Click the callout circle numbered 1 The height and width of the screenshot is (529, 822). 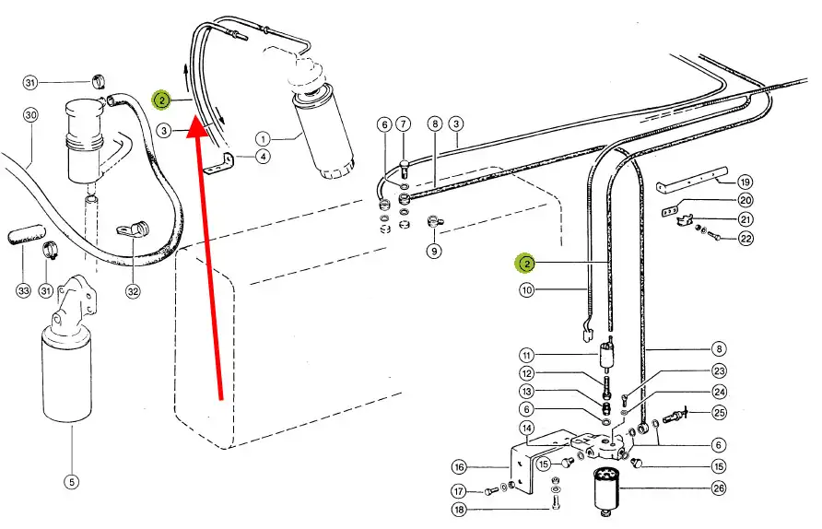point(264,139)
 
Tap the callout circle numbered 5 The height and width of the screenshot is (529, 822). point(71,481)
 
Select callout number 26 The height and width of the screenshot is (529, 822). point(719,488)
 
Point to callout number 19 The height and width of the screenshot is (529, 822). point(745,182)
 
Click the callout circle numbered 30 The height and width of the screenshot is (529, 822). point(31,115)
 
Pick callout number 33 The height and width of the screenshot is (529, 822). point(23,290)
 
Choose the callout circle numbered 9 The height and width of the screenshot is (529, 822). point(434,251)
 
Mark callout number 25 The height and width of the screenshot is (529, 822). point(720,413)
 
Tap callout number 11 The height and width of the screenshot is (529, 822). point(527,356)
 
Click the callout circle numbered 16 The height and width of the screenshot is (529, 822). point(459,466)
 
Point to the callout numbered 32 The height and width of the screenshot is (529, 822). point(133,291)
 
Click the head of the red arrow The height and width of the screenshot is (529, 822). point(197,122)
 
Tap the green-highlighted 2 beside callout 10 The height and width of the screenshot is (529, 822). point(526,264)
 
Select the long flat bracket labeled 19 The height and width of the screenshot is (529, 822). point(693,179)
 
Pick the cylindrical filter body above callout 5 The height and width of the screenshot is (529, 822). point(66,373)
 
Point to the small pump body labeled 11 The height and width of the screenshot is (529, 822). point(607,356)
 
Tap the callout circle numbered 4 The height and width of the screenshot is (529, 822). point(264,157)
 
